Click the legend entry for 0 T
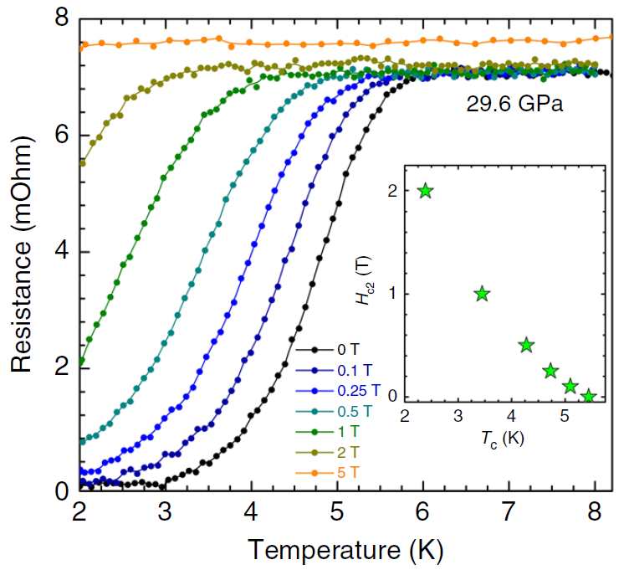click(339, 349)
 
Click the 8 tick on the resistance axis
click(59, 19)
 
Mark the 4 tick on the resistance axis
click(59, 252)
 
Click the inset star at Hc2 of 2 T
click(426, 191)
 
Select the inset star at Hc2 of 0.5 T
click(526, 345)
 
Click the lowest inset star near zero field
click(589, 396)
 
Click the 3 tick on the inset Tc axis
click(458, 415)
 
